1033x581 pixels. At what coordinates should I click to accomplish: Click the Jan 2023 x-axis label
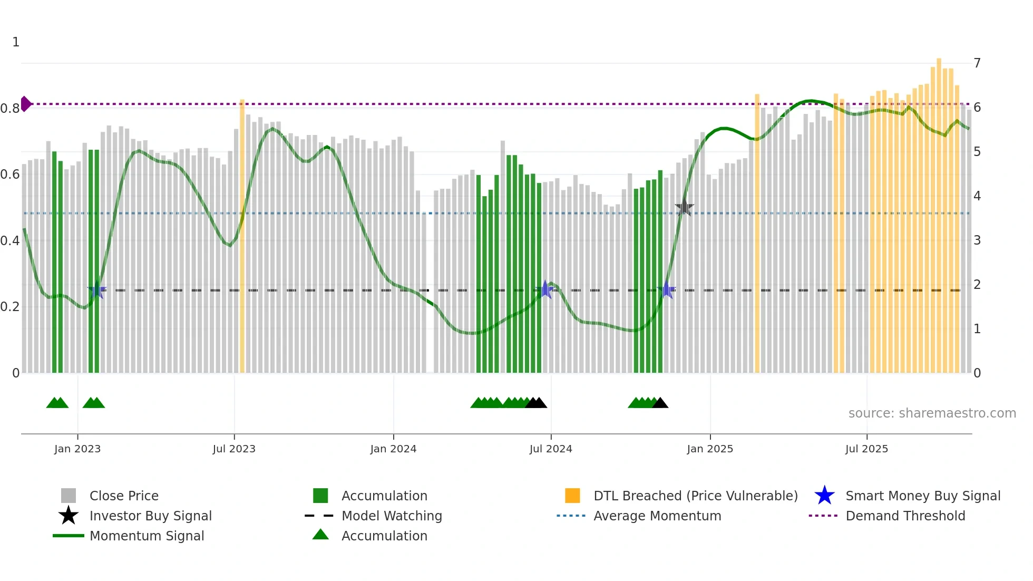[x=77, y=449]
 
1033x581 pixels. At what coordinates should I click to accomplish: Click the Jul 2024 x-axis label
[x=551, y=449]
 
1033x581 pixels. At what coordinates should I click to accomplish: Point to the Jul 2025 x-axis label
[x=866, y=449]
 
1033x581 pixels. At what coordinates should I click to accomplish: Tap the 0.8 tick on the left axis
[x=10, y=109]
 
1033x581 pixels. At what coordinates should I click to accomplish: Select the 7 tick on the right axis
[x=977, y=63]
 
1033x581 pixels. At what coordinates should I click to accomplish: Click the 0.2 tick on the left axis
[x=10, y=307]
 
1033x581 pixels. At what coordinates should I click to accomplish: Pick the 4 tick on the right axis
[x=977, y=196]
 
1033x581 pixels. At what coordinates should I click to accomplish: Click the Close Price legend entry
[x=124, y=496]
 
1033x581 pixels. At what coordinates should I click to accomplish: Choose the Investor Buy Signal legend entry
[x=150, y=516]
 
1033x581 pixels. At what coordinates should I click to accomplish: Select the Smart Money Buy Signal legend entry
[x=922, y=496]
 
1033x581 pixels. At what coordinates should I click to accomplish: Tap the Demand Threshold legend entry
[x=905, y=516]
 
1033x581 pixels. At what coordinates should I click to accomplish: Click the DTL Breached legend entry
[x=695, y=496]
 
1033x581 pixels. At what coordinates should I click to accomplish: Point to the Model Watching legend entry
[x=392, y=516]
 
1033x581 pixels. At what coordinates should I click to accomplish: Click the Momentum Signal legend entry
[x=147, y=536]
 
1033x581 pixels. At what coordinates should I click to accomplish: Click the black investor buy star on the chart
[x=684, y=208]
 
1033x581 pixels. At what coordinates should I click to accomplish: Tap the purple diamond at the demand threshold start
[x=25, y=104]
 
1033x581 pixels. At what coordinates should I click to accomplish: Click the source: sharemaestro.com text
[x=932, y=413]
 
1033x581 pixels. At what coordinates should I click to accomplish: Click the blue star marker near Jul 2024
[x=545, y=289]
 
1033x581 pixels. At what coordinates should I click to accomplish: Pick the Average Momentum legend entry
[x=657, y=516]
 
